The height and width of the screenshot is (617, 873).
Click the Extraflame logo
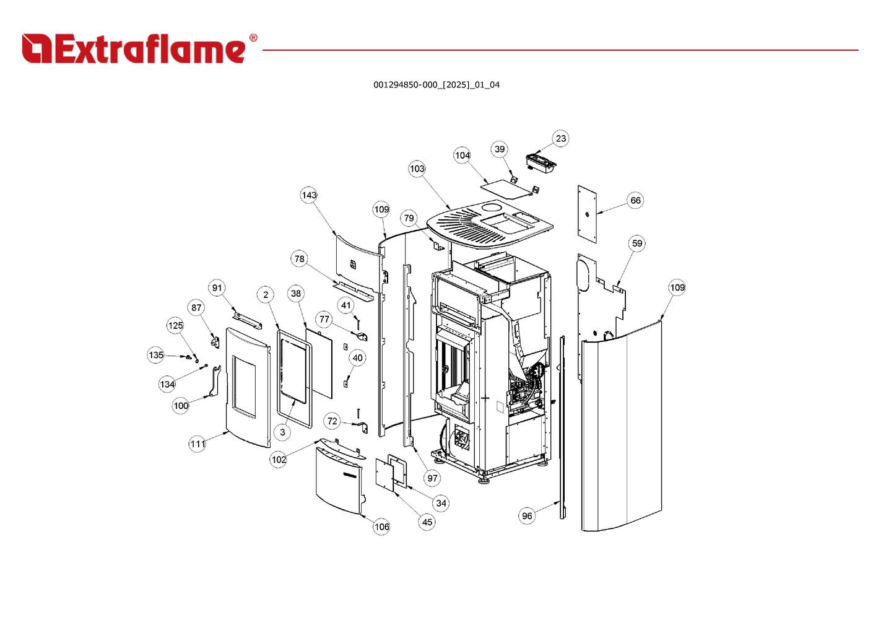(133, 48)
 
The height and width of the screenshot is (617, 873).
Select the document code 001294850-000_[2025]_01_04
(436, 85)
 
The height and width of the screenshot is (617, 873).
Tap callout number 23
(560, 138)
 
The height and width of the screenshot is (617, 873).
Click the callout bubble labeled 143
(309, 195)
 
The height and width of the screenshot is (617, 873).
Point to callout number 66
(635, 200)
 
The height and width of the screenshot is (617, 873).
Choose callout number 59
(637, 243)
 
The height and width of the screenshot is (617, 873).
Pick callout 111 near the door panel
(198, 444)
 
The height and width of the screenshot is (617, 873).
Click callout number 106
(381, 527)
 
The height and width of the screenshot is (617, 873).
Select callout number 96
(527, 515)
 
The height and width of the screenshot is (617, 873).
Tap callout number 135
(156, 355)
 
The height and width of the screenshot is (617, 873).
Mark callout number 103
(417, 168)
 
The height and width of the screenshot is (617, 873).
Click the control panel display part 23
(541, 161)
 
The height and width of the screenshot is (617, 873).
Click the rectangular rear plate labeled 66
(587, 214)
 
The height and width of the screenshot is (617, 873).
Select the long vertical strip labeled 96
(562, 427)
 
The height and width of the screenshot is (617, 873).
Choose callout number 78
(300, 259)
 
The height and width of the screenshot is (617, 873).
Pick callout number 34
(441, 503)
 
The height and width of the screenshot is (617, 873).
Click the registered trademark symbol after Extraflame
(253, 38)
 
